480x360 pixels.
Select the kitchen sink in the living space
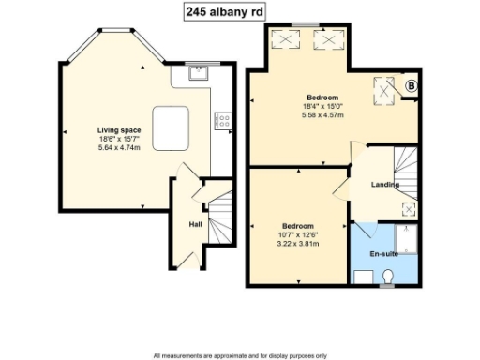pyautogui.click(x=197, y=76)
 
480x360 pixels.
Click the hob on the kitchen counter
pyautogui.click(x=223, y=119)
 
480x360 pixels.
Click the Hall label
pyautogui.click(x=195, y=224)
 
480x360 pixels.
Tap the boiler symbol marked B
pyautogui.click(x=410, y=87)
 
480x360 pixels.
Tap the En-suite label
pyautogui.click(x=382, y=254)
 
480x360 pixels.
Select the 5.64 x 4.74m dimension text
pyautogui.click(x=118, y=146)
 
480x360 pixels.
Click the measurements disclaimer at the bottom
pyautogui.click(x=240, y=355)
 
